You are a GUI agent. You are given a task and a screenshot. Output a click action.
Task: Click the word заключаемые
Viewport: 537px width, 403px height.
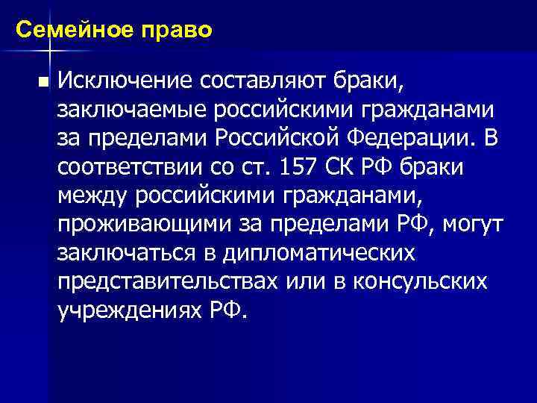tap(131, 109)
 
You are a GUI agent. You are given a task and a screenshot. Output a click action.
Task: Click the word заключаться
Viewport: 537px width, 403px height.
tap(124, 254)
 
